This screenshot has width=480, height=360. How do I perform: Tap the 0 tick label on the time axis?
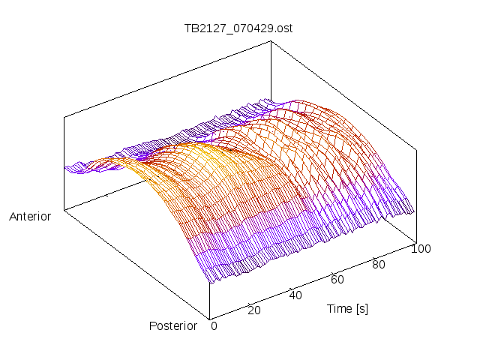(x=214, y=325)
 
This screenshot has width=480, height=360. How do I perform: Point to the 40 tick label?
(x=295, y=295)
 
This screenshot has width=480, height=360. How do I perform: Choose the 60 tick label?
(x=337, y=280)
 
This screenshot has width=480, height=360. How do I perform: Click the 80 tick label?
(x=379, y=264)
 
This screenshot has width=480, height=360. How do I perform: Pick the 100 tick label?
(x=421, y=249)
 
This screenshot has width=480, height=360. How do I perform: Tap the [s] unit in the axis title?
(x=361, y=308)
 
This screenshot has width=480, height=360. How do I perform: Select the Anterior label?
(x=30, y=217)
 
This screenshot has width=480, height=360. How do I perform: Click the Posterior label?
(x=173, y=325)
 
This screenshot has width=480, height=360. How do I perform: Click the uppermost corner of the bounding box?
(x=271, y=42)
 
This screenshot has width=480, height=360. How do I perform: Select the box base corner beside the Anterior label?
(x=64, y=210)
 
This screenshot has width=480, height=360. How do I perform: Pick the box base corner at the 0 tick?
(x=210, y=318)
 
